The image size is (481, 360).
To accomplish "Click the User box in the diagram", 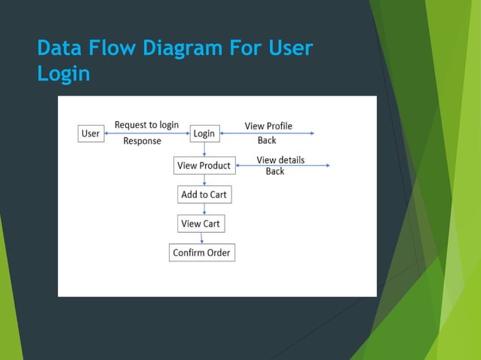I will (x=90, y=133).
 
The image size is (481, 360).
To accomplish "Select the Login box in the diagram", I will (x=204, y=133).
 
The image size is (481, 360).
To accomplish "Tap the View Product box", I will (x=204, y=166).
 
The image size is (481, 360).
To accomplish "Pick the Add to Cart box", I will (x=204, y=194).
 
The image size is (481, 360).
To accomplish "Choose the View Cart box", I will (x=201, y=224).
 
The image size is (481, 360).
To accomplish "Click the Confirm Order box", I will (x=201, y=252).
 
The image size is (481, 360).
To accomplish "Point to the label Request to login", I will (x=146, y=125).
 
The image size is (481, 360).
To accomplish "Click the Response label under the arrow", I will (x=142, y=141).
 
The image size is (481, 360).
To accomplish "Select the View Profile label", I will (x=268, y=126).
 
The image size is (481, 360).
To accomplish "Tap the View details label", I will (x=280, y=160).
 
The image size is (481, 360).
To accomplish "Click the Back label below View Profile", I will (x=267, y=140).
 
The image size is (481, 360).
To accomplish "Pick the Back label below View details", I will (x=275, y=172).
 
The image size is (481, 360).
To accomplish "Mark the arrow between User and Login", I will (x=146, y=133).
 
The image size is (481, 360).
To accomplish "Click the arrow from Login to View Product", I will (x=204, y=149).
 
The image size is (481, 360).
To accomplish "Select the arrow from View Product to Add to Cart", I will (x=204, y=180).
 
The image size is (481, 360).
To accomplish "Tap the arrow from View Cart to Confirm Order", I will (x=201, y=238).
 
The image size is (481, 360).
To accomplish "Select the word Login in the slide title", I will (x=63, y=74).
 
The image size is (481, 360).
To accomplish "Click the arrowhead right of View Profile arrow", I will (x=311, y=133).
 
